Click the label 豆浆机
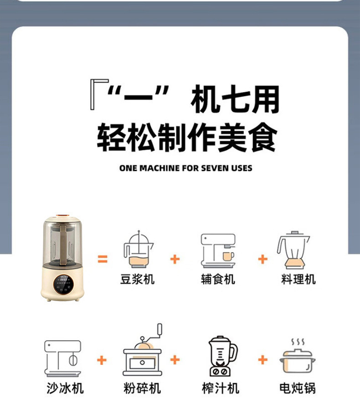[x=137, y=278]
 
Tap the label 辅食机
[x=218, y=278]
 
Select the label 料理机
[x=298, y=278]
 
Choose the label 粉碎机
[x=142, y=388]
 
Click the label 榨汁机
[x=221, y=388]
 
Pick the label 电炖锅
[x=297, y=388]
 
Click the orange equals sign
[x=103, y=259]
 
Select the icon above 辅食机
[x=218, y=251]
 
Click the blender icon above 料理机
[x=294, y=251]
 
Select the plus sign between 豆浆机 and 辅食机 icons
[x=175, y=259]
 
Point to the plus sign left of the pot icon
[x=262, y=359]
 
